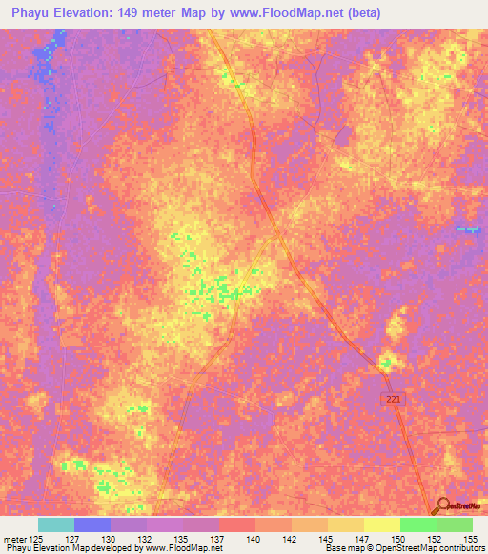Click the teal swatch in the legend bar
tap(56, 524)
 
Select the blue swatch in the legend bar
tap(92, 524)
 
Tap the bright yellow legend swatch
tap(381, 524)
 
